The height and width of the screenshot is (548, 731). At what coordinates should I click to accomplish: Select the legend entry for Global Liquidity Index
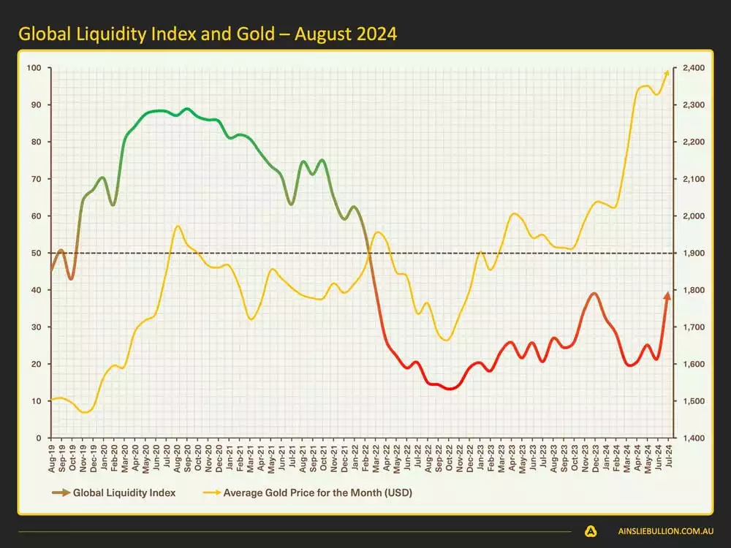(x=124, y=492)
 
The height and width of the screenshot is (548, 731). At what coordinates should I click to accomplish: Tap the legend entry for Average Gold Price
(x=318, y=492)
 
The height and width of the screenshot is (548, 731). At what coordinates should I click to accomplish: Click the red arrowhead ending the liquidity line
(x=667, y=295)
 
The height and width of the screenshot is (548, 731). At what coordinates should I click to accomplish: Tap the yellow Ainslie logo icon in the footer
(x=591, y=531)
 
